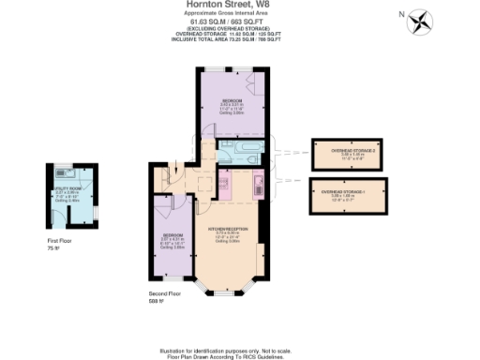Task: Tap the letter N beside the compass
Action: click(401, 14)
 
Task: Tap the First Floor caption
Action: click(58, 242)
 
